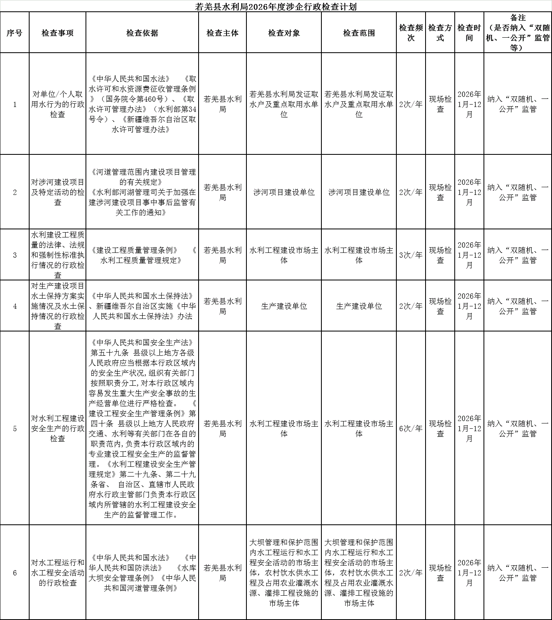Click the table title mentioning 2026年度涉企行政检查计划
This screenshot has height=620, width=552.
[x=276, y=6]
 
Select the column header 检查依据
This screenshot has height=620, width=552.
[x=142, y=33]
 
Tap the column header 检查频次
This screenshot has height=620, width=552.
[x=411, y=33]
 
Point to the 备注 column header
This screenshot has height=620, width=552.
[x=518, y=33]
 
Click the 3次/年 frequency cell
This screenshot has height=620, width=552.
[x=411, y=255]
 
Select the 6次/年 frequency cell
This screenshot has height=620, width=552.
[x=411, y=428]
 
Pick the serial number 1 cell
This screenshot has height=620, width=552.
[x=15, y=105]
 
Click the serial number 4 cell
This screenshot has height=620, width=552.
[x=15, y=306]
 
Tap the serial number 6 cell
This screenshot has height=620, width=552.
[x=15, y=573]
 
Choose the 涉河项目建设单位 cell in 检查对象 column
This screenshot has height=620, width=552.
[x=284, y=192]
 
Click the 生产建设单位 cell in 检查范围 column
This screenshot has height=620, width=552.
[x=359, y=306]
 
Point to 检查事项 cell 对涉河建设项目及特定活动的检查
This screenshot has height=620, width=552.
[x=58, y=192]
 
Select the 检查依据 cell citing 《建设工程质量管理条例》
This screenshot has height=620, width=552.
[x=142, y=255]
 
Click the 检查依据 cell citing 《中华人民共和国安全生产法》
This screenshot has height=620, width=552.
[x=142, y=428]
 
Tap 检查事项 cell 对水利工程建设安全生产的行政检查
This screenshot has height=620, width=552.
[x=58, y=428]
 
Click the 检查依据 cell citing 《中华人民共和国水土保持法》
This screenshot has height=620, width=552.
[x=142, y=306]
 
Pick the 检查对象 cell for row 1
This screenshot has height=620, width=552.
[x=284, y=105]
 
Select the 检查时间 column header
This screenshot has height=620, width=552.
[x=469, y=33]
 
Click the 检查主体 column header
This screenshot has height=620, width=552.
[x=222, y=33]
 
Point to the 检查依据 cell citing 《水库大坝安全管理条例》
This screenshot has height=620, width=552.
[x=142, y=573]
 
